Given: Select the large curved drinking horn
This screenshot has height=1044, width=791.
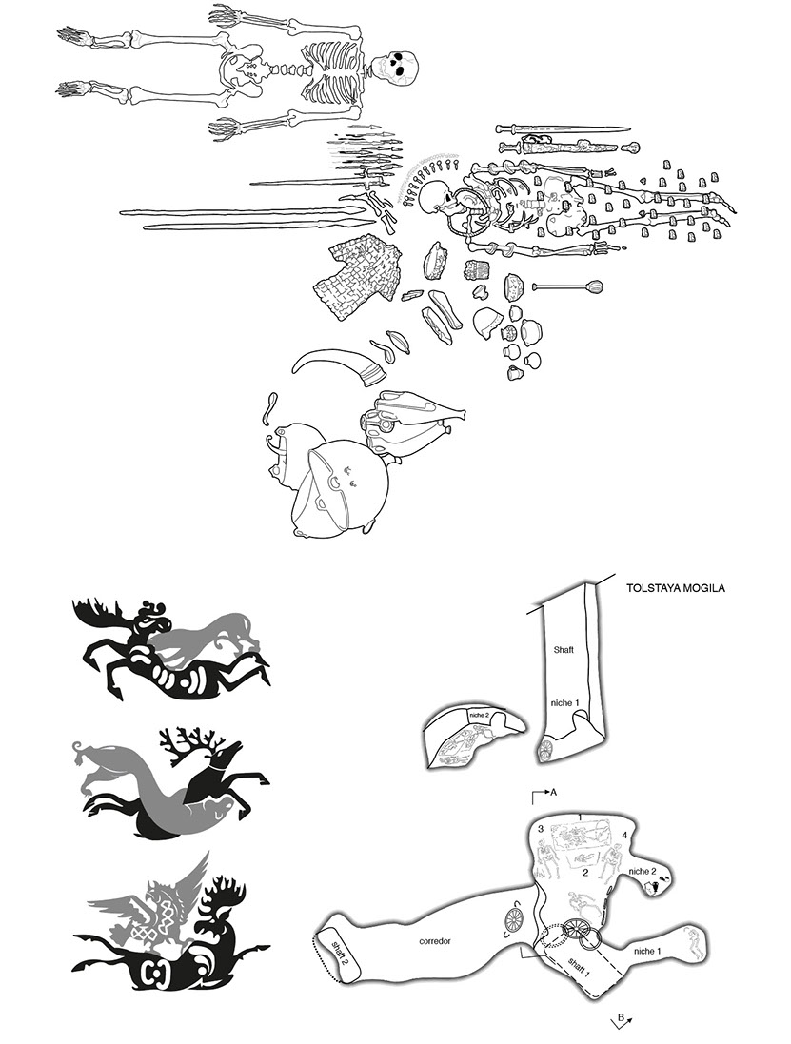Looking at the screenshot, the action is click(x=340, y=368).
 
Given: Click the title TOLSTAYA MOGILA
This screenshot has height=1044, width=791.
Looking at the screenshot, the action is click(x=676, y=588).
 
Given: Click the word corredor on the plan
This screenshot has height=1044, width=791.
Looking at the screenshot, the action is click(x=435, y=942).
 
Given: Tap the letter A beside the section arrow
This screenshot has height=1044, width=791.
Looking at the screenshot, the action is click(x=553, y=792).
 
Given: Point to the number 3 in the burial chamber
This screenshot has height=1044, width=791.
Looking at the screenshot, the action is click(x=541, y=829).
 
